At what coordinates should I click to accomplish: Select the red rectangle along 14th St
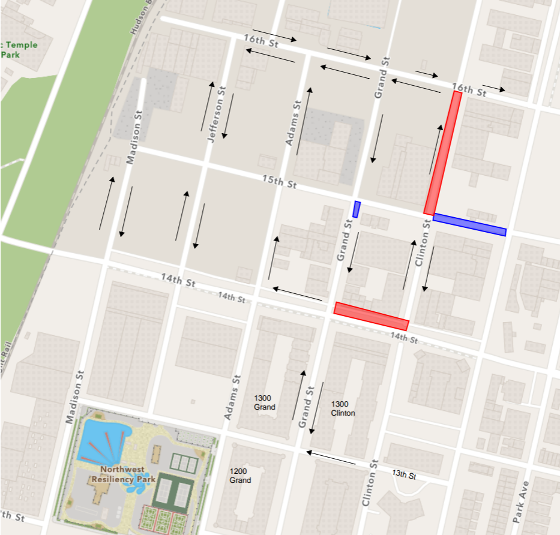tap(371, 316)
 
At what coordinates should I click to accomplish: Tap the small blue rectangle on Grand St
tap(357, 209)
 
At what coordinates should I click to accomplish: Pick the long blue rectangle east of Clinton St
tap(469, 225)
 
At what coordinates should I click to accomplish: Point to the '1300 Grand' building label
tap(264, 403)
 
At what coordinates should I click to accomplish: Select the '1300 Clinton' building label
tap(343, 408)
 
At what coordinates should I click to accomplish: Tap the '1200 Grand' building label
tap(240, 476)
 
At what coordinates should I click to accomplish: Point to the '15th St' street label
tap(279, 181)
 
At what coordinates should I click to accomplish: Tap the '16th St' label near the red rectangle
tap(469, 90)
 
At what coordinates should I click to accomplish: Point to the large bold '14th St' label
tap(178, 279)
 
